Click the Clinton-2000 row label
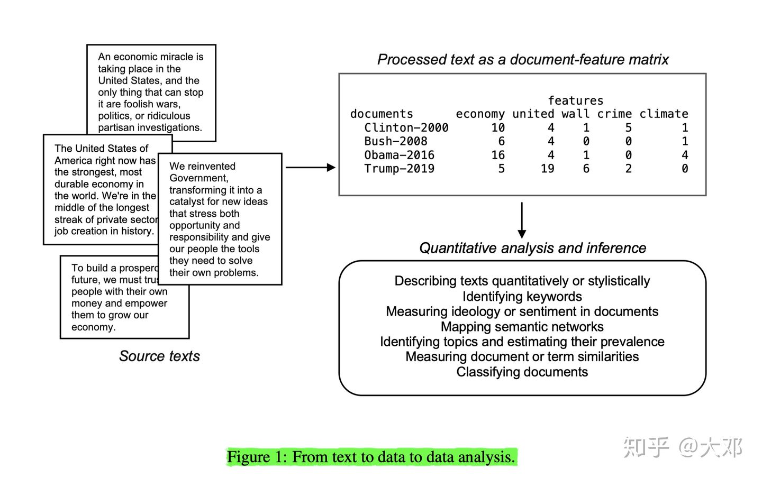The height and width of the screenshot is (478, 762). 406,128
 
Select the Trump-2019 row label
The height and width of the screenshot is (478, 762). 399,169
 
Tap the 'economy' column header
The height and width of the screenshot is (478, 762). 480,114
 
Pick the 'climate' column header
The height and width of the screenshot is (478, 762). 664,114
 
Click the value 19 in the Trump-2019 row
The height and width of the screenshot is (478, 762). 547,169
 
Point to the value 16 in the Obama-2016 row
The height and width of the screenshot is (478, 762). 497,155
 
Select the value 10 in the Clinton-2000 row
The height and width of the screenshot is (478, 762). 497,128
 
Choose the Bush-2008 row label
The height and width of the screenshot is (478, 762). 395,141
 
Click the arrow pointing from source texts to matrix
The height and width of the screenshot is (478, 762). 310,168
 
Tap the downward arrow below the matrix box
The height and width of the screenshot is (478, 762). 522,220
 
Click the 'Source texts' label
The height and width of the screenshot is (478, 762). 159,356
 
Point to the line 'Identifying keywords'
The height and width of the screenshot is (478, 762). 522,296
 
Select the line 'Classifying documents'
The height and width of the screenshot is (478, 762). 522,372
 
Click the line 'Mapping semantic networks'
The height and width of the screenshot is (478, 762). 522,327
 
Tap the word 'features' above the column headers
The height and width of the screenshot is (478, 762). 575,100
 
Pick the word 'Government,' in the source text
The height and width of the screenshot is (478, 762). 198,178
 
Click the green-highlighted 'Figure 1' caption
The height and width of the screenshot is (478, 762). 371,457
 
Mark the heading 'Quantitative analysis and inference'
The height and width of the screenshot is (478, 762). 532,248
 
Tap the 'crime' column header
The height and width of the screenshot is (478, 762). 614,114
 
